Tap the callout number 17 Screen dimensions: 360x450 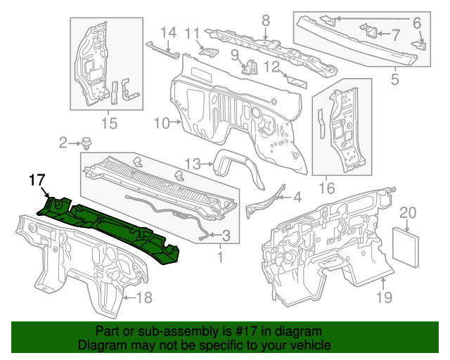click(37, 181)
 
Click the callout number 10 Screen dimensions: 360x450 click(161, 123)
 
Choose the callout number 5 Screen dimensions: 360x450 click(394, 79)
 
